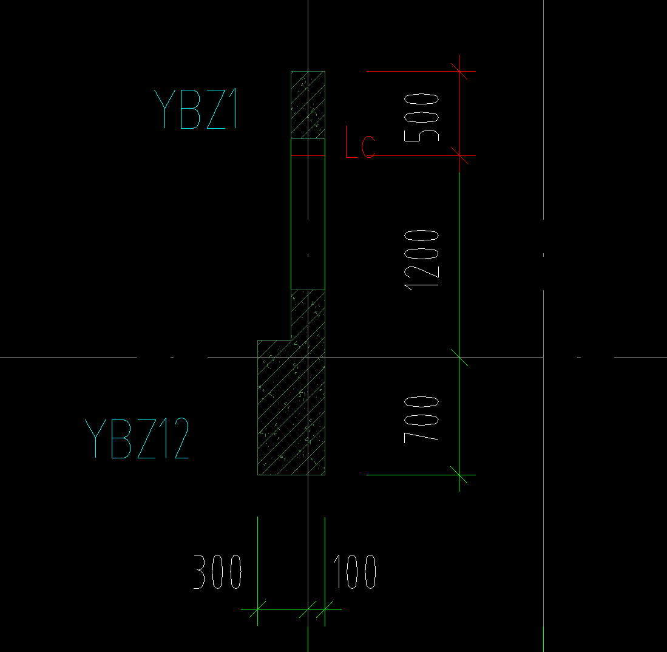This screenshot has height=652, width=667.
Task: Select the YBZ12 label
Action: coord(137,439)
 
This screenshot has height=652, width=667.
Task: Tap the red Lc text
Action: coord(360,144)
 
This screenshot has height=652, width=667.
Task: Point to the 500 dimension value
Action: coord(421,117)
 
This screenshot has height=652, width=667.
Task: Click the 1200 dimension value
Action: coord(422,260)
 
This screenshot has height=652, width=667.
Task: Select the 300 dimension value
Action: coord(217,572)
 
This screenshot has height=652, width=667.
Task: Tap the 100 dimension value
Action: coord(354,572)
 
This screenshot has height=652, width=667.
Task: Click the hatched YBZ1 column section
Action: coord(308,104)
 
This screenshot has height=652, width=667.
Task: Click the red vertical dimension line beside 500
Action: coord(459,109)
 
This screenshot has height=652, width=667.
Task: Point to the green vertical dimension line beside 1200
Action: coord(459,261)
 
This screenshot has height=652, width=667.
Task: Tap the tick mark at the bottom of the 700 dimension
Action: coord(459,475)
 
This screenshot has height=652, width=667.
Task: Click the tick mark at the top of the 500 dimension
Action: coord(459,72)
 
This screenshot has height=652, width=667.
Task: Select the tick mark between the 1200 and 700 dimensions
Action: coord(459,358)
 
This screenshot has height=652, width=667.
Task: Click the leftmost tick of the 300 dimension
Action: coord(258,610)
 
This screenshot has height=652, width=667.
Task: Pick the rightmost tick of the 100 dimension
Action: coord(325,610)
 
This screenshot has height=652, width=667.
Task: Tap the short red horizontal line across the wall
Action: coord(308,156)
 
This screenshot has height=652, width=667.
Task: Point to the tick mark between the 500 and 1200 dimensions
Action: coord(459,156)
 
